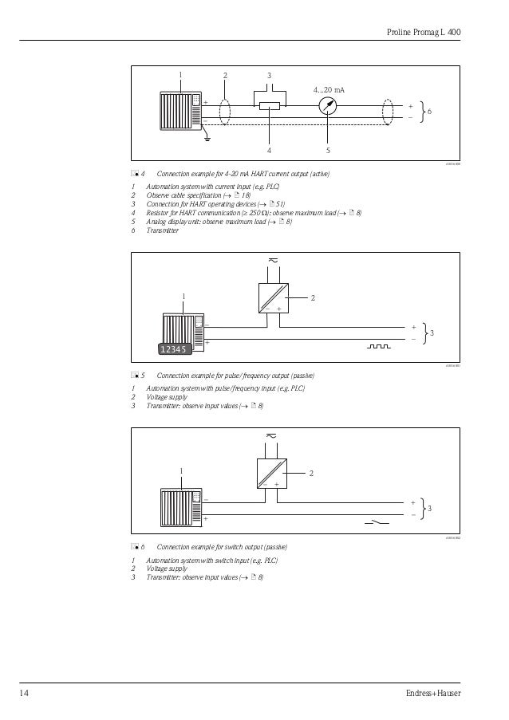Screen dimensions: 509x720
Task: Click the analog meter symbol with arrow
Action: [x=327, y=107]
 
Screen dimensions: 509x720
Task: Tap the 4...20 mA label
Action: [x=329, y=89]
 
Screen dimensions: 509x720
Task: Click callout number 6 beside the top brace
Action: [x=431, y=112]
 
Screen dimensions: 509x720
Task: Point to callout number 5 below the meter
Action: [x=327, y=149]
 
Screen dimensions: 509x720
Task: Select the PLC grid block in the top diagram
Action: [x=180, y=112]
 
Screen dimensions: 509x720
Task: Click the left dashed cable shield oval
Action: [x=224, y=112]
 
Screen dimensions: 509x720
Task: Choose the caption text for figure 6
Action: [x=223, y=547]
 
